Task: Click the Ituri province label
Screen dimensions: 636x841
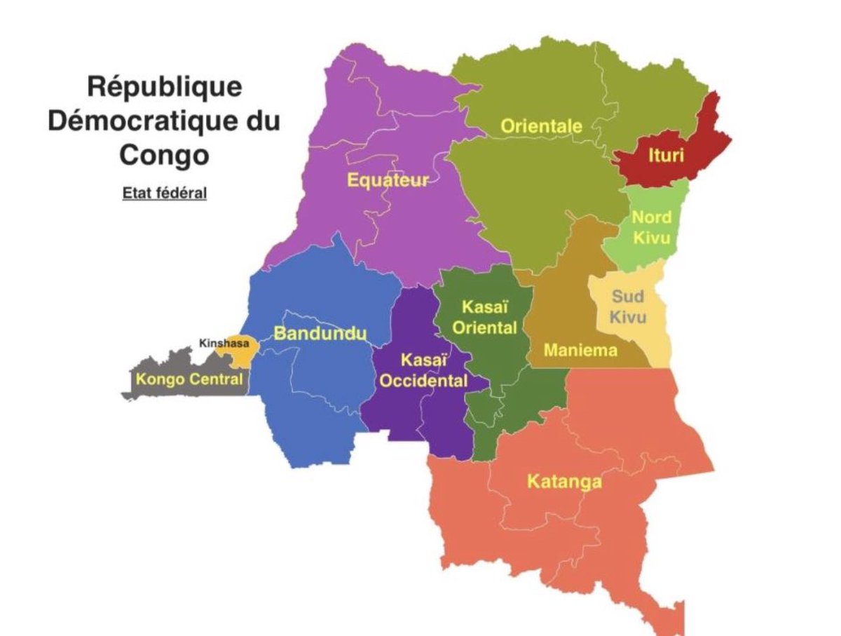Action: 665,155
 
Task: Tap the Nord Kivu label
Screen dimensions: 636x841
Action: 651,227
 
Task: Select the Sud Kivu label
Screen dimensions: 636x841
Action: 627,307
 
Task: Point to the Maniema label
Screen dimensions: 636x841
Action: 580,349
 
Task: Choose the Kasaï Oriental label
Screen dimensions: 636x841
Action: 484,317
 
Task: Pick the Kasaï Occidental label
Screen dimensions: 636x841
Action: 424,371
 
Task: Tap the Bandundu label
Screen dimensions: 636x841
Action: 320,334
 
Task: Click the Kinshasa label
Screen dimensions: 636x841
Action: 224,344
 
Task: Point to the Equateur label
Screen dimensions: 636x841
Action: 388,180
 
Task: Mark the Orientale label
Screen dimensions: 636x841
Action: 541,127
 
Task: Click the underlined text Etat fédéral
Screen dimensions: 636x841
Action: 165,193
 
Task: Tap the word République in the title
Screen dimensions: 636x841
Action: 165,87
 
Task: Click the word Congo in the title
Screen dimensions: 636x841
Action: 165,154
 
